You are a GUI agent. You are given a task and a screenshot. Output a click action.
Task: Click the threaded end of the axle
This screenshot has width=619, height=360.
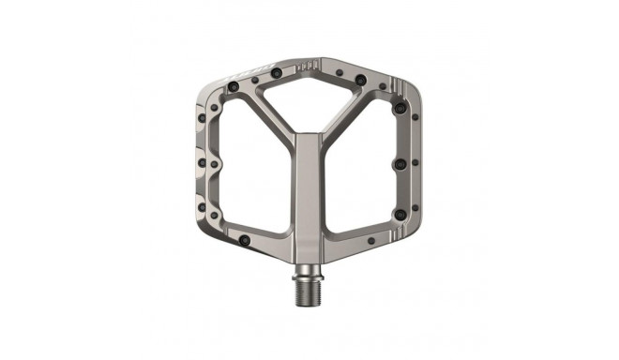(309, 285)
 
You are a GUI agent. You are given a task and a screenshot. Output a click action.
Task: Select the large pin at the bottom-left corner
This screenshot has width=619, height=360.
(246, 242)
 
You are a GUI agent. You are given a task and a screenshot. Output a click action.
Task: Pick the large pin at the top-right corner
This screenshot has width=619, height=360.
(361, 81)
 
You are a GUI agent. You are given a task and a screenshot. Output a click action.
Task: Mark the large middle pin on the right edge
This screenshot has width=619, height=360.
(400, 164)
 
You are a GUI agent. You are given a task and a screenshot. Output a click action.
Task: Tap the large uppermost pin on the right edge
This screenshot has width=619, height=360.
(400, 110)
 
